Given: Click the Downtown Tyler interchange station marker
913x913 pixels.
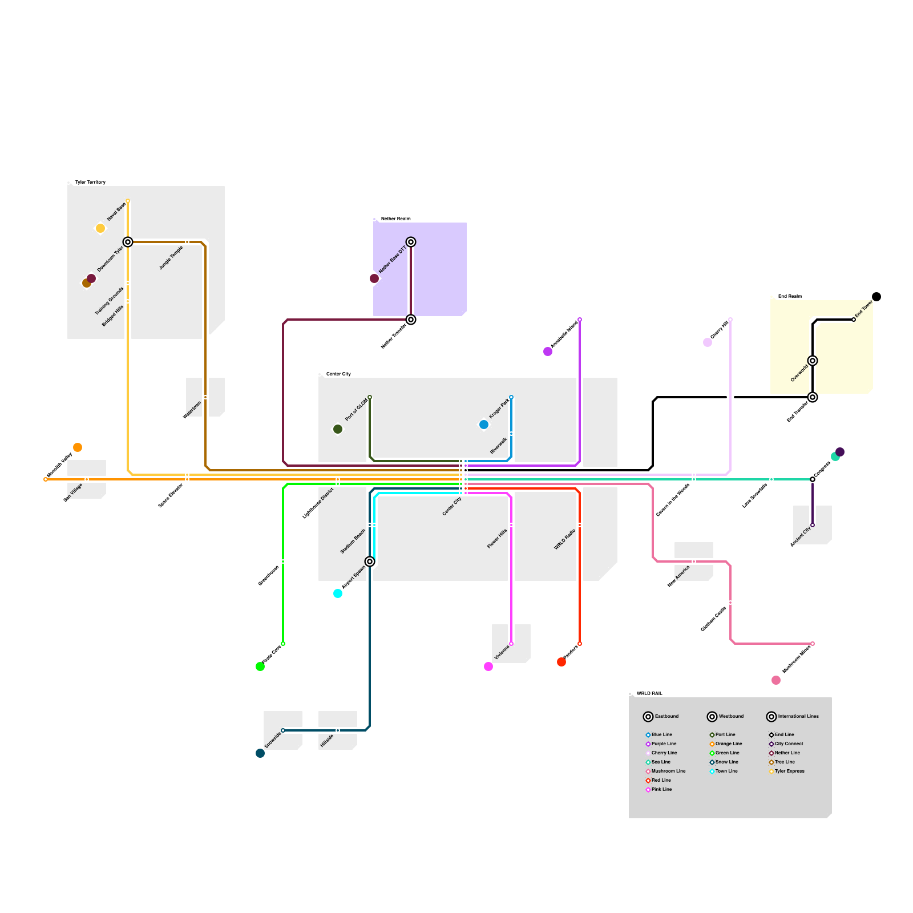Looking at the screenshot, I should [128, 242].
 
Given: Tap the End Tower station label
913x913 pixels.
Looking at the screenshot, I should [864, 309].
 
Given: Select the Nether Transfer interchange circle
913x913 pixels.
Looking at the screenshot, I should [411, 320].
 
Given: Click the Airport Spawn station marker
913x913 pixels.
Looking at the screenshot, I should [370, 561].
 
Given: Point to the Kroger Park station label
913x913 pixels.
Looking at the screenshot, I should [499, 409].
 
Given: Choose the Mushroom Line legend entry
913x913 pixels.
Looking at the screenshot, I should [668, 771].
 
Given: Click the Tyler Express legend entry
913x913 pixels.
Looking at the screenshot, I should [789, 771].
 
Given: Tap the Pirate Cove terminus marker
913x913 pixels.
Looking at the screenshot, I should [283, 644].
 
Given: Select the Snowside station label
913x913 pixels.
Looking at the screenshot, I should [273, 740].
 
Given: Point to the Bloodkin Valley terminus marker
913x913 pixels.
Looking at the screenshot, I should [46, 479].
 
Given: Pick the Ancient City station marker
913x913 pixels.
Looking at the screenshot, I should [813, 525].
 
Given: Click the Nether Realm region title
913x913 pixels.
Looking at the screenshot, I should [395, 219].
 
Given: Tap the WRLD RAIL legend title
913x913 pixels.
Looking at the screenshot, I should [649, 693].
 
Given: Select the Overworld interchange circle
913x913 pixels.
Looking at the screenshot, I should [813, 361].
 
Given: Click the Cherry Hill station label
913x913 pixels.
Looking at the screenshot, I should [720, 330].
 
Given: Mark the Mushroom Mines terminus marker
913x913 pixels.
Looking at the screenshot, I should [813, 644].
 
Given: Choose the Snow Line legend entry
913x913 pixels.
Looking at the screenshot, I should [726, 762].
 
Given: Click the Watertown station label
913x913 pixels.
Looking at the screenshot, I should [192, 410].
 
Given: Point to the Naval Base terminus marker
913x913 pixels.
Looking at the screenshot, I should [128, 201].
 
